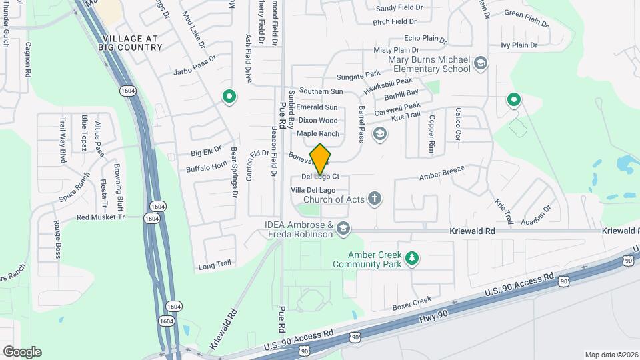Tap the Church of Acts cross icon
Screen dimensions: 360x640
click(x=375, y=198)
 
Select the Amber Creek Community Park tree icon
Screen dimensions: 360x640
click(x=413, y=257)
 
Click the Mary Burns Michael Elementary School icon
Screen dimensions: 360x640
click(x=480, y=64)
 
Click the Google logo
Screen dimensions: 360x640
click(x=22, y=351)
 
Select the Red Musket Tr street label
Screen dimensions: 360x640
click(x=101, y=217)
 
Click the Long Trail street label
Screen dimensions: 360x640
click(x=215, y=265)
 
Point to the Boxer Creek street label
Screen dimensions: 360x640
click(x=413, y=303)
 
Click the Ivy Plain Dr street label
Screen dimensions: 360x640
click(x=519, y=46)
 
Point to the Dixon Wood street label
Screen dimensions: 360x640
click(x=317, y=121)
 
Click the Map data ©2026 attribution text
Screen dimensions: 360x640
click(x=611, y=355)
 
